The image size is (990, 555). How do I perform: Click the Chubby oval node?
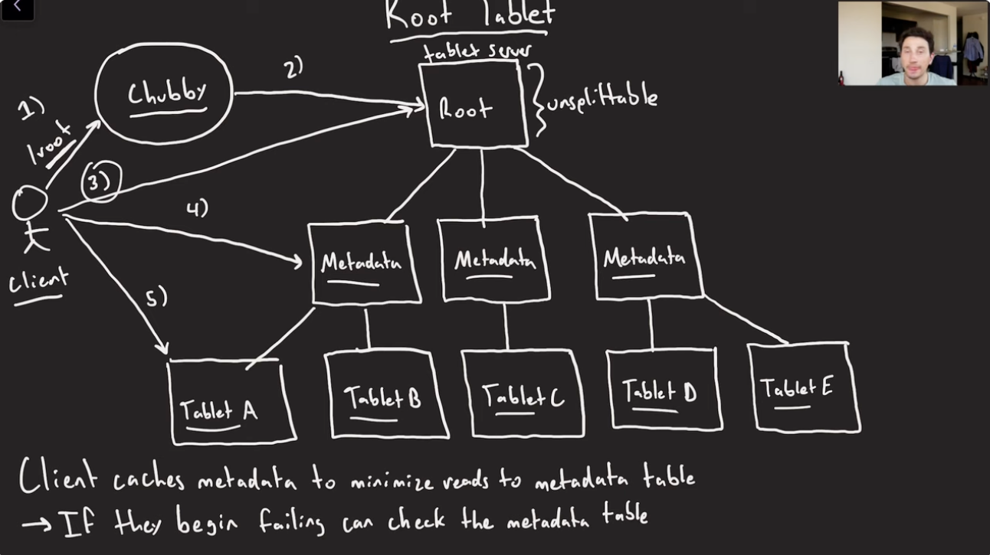163,93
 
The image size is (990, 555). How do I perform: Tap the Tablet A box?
231,403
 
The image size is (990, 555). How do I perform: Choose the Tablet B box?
385,395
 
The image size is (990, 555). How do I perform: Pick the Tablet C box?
522,393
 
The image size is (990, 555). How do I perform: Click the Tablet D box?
663,390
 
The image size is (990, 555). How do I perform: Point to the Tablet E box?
802,387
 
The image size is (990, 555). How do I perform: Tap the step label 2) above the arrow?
293,69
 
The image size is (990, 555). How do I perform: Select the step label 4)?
197,207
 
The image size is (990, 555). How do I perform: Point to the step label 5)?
156,298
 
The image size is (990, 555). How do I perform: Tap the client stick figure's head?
30,204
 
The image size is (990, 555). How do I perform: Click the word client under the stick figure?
38,282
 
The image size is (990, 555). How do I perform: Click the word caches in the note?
149,480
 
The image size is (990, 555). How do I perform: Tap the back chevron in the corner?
17,8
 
